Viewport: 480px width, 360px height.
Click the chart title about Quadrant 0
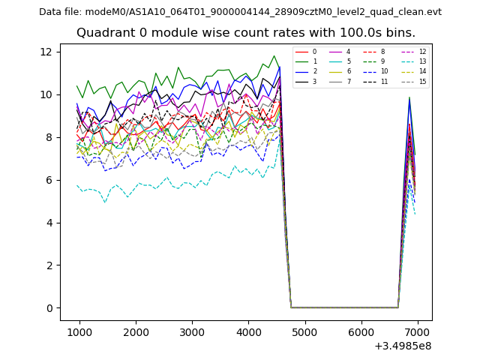click(246, 33)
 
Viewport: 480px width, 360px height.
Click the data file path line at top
click(240, 12)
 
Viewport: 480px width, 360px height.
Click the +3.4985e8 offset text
click(403, 346)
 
